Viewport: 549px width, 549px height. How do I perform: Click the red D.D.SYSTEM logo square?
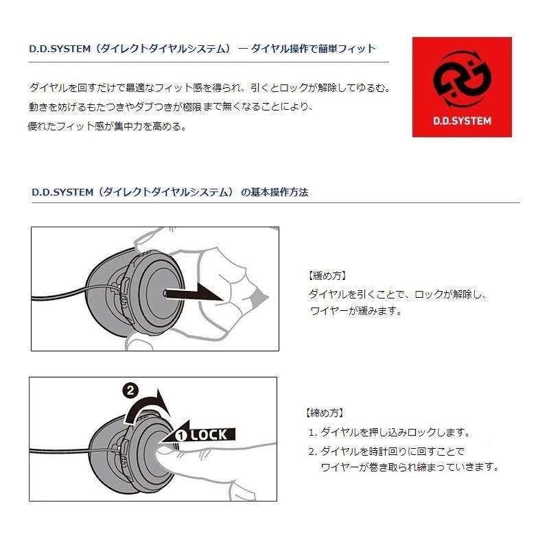pos(461,86)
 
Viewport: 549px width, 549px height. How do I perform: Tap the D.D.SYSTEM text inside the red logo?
pos(461,120)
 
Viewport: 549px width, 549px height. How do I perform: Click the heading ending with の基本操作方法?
pos(170,192)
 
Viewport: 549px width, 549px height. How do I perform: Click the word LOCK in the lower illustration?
pos(212,434)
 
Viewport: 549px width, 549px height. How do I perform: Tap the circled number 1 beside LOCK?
pos(181,434)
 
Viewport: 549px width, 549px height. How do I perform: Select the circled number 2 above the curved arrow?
pos(129,391)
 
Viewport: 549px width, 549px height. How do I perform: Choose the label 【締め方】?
pos(324,414)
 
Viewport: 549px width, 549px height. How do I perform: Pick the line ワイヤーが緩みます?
pos(355,310)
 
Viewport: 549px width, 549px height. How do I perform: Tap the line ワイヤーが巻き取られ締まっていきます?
pos(409,467)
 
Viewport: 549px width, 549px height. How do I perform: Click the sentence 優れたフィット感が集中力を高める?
pos(106,127)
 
